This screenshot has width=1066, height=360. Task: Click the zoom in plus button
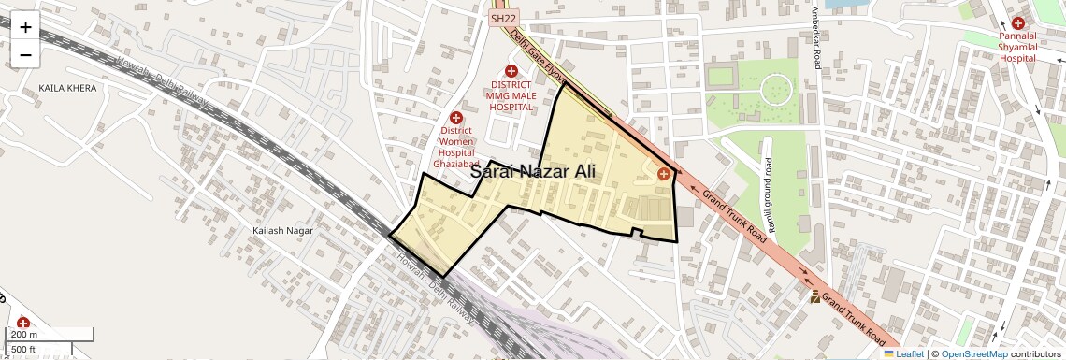tap(25, 27)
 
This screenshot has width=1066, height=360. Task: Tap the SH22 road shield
tap(502, 19)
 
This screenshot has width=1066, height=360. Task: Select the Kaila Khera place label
tap(67, 87)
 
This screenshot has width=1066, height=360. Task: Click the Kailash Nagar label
tap(280, 229)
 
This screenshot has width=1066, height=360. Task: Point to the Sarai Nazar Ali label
tap(532, 171)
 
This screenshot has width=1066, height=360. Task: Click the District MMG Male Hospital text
tap(511, 95)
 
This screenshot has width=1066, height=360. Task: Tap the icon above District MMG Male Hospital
tap(511, 71)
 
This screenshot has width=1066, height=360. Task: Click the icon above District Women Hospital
tap(456, 118)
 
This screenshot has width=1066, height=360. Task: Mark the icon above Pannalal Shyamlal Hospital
tap(1017, 22)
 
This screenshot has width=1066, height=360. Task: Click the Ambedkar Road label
tap(816, 38)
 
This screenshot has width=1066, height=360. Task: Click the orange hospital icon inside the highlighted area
tap(664, 173)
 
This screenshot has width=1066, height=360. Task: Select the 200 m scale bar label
tap(24, 335)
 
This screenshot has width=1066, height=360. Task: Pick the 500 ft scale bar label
tap(24, 350)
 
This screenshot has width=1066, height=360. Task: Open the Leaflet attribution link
tap(903, 353)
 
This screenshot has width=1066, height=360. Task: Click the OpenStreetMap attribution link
tap(974, 353)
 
